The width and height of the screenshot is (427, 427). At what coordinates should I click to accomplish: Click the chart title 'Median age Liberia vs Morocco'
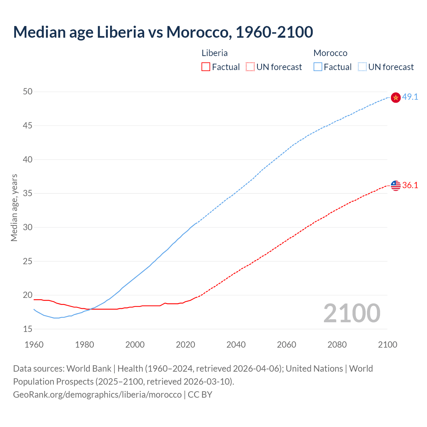point(163,32)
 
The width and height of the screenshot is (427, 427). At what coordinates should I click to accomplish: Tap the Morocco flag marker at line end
point(395,97)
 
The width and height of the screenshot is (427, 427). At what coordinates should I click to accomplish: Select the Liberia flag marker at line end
point(395,185)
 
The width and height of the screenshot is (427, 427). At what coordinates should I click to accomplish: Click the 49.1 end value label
point(410,97)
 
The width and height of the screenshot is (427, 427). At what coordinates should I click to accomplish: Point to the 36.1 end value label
point(410,185)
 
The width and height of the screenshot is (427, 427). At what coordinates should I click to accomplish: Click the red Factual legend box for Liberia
point(206,67)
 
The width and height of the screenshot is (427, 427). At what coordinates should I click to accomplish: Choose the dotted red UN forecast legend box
point(250,67)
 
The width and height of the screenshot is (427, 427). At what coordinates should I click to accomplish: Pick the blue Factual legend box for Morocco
point(318,67)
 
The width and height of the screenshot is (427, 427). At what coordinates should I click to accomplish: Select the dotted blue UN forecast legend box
point(362,67)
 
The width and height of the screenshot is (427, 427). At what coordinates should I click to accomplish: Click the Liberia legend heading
point(215,53)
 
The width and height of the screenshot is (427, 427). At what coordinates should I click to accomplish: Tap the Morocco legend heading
point(330,53)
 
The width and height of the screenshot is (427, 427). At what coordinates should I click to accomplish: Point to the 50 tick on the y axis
point(28,91)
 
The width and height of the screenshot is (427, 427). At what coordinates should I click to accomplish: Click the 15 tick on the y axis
point(28,329)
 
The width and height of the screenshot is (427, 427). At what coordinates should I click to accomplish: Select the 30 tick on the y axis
point(28,227)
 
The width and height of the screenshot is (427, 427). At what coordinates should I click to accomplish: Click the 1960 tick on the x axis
point(34,345)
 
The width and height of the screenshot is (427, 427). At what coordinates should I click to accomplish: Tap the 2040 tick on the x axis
point(236,345)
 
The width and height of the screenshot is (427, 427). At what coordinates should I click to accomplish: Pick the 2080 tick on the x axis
point(337,345)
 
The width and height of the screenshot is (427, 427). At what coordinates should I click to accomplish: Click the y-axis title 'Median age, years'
point(14,207)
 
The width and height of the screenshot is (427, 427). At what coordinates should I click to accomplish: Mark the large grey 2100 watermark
point(352,313)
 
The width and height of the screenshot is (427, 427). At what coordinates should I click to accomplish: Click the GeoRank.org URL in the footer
point(97,395)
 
